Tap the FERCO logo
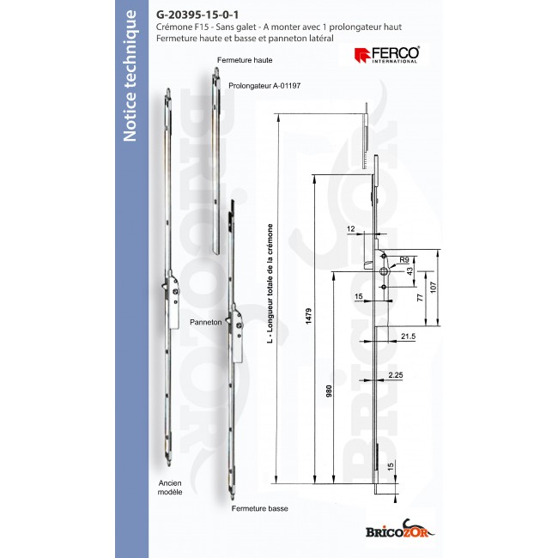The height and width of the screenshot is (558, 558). (x=387, y=55)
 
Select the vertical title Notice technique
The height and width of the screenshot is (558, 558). (x=130, y=88)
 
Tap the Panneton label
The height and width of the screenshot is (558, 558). (x=207, y=323)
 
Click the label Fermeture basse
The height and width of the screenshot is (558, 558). (x=259, y=509)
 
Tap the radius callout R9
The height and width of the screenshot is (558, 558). (x=403, y=257)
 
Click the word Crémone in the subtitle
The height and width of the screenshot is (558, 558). (x=178, y=27)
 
